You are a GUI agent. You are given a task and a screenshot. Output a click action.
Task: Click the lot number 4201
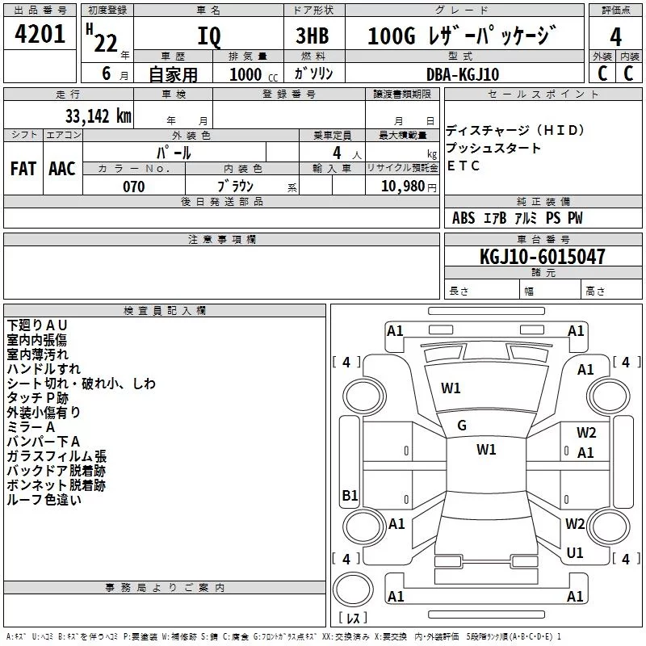click(40, 34)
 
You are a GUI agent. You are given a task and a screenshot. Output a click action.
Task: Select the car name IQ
click(209, 36)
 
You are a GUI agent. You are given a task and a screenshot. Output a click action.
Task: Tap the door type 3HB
click(313, 36)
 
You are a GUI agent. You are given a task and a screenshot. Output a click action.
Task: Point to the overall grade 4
click(615, 36)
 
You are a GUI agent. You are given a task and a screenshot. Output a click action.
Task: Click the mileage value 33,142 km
click(99, 115)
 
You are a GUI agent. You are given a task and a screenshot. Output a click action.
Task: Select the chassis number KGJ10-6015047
click(543, 256)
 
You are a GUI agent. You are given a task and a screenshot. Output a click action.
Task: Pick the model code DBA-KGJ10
click(463, 74)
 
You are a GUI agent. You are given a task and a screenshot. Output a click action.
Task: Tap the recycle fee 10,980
click(403, 187)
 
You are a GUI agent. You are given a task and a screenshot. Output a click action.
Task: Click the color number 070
click(134, 187)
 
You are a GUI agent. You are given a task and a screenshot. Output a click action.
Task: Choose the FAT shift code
click(23, 169)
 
